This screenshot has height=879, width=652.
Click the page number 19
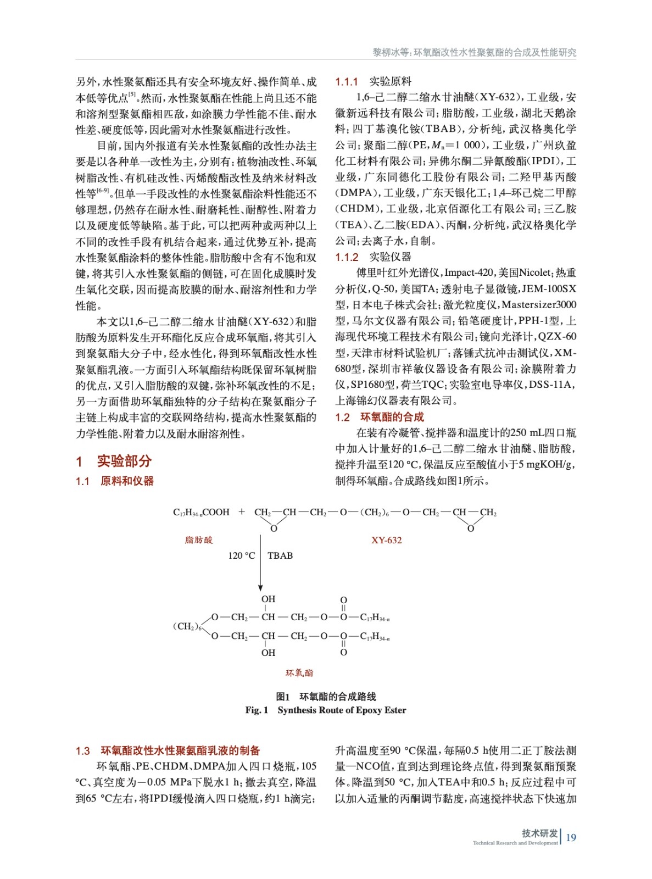pos(571,837)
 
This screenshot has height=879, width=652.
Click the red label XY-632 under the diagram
pos(386,540)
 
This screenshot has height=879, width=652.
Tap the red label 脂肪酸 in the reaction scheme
pos(199,540)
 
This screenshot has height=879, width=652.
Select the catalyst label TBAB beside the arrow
pos(280,555)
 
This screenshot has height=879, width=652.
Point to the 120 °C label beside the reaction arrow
pos(242,555)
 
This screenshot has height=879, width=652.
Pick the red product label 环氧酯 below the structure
pos(299,673)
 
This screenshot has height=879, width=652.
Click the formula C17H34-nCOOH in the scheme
pos(201,512)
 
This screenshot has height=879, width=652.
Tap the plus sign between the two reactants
pos(242,511)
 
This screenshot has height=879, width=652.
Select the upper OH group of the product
pos(268,599)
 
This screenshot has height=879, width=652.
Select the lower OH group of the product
pos(268,653)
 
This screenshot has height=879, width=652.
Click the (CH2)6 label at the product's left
pos(187,626)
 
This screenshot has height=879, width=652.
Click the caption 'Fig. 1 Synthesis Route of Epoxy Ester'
pos(326,710)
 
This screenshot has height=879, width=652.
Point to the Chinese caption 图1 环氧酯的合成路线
pos(326,697)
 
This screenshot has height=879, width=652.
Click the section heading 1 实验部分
pos(114,461)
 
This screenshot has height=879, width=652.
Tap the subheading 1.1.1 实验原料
pos(374,82)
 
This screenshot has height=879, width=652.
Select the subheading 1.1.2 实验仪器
pos(374,257)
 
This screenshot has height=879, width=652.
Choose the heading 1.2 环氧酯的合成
pos(380,417)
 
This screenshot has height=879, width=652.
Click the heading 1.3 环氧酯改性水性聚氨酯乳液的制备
pos(168,750)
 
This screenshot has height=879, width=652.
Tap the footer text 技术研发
pos(539,833)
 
